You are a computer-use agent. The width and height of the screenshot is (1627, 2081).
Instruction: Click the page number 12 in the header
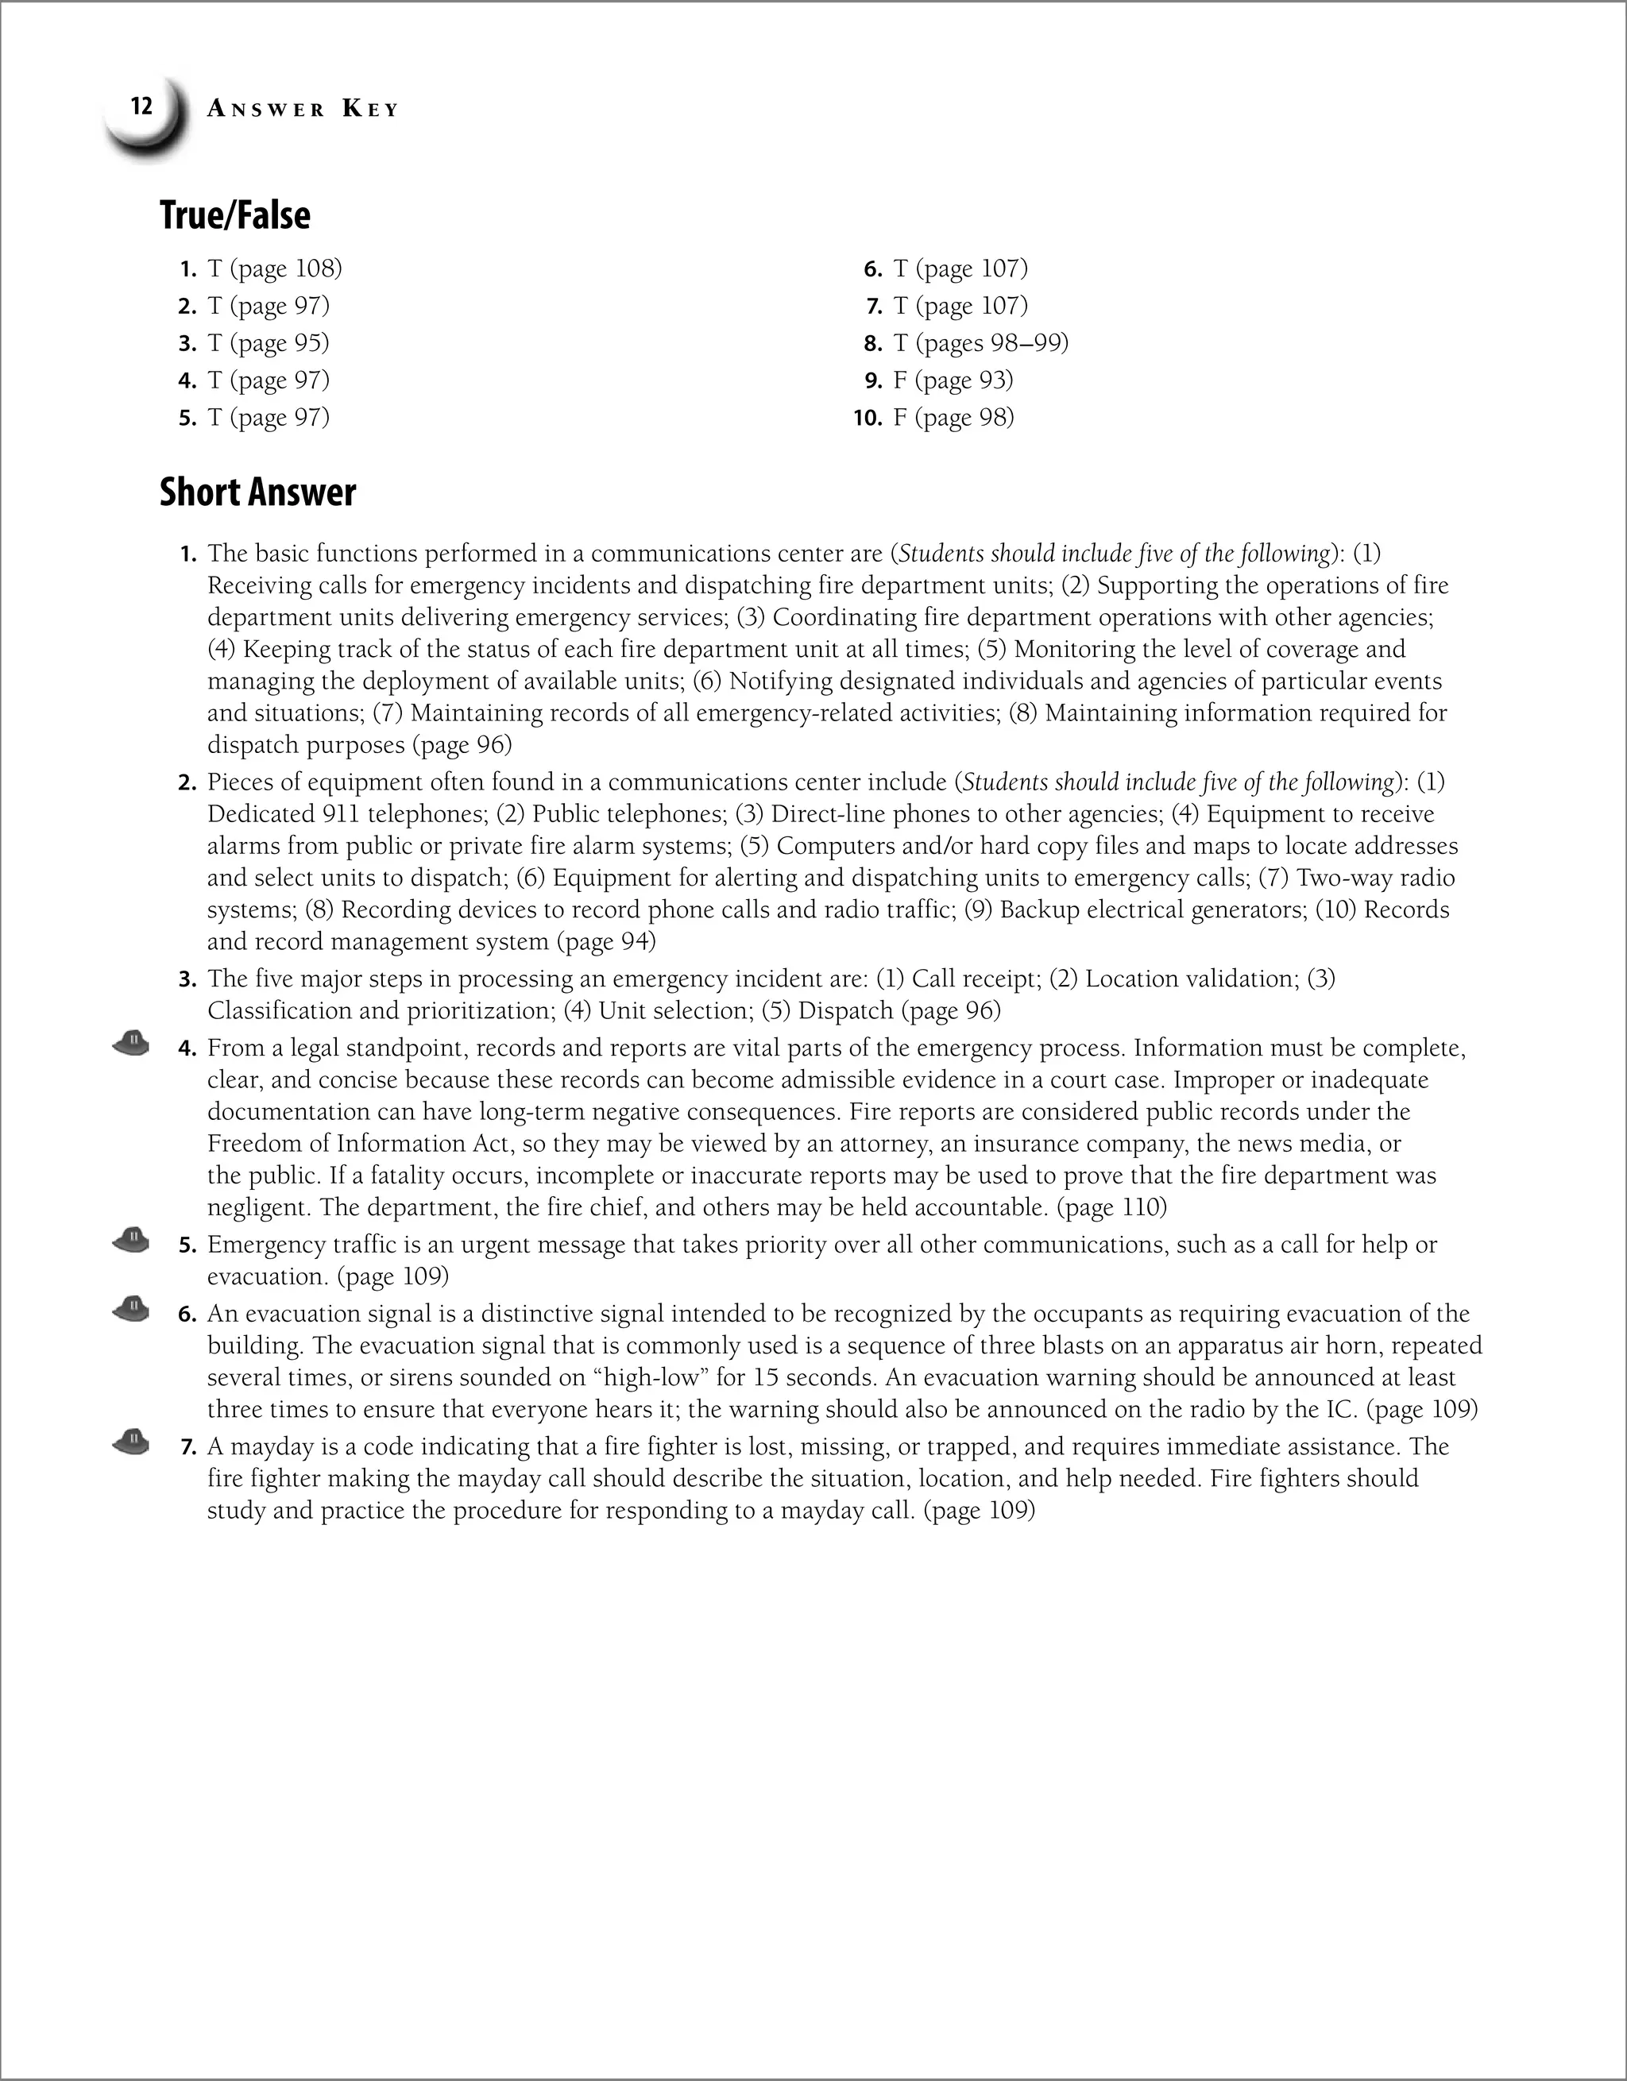(141, 106)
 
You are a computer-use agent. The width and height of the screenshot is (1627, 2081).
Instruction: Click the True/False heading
(234, 215)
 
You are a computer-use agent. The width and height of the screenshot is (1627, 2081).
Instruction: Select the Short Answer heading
(257, 492)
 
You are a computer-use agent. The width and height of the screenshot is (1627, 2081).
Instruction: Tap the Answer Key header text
(302, 110)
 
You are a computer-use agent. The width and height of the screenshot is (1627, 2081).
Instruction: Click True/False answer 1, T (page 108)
(273, 268)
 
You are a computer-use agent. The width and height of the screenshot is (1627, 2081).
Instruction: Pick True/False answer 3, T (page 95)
(268, 343)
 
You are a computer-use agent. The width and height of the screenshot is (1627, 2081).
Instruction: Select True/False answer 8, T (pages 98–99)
(980, 343)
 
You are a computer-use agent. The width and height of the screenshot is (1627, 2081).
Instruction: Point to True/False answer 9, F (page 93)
(953, 380)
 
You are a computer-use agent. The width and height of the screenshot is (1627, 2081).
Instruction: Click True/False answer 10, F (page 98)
(953, 417)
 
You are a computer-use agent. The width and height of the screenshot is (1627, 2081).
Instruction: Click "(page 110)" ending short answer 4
(1111, 1207)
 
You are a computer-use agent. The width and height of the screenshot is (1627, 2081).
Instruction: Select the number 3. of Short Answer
(187, 979)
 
